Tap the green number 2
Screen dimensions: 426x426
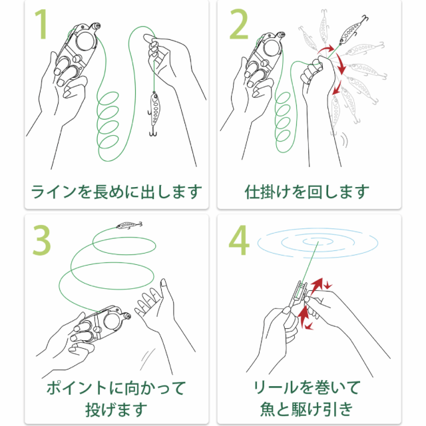click(239, 24)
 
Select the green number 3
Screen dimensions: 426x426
click(41, 240)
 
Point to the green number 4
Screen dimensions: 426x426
click(239, 240)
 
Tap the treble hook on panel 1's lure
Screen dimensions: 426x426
click(154, 132)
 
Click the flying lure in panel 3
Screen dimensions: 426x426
click(129, 225)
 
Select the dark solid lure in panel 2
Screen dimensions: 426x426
click(353, 29)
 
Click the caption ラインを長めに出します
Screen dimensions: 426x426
click(116, 192)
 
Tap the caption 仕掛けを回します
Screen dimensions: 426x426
click(307, 192)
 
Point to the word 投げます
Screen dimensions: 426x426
click(116, 409)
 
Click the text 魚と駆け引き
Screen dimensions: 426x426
click(307, 409)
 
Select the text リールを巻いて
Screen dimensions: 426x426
click(307, 387)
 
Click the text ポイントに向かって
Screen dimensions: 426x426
click(116, 387)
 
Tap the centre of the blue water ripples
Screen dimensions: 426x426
click(318, 242)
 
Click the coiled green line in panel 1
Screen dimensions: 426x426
click(108, 120)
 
